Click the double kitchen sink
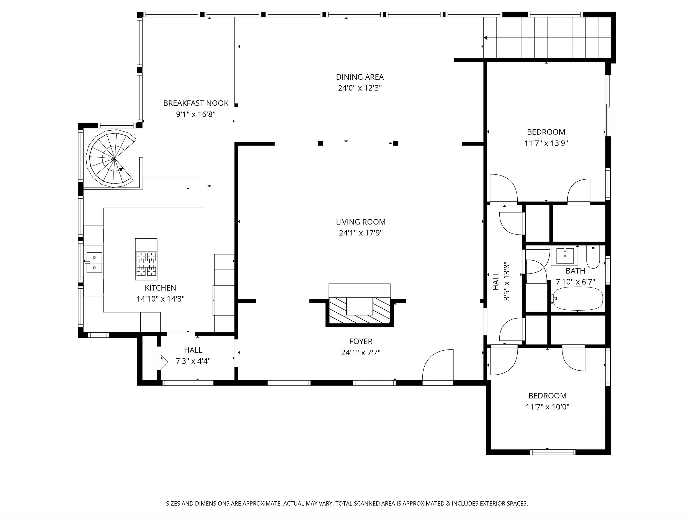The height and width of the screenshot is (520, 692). pos(94,262)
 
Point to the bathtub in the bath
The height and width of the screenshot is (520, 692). pos(577,299)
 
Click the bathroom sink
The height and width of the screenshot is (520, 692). pos(565,256)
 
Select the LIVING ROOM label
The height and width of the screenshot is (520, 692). pos(361,222)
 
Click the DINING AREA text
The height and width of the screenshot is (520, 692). pos(360,77)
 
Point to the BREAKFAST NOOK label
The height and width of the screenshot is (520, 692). pos(196,103)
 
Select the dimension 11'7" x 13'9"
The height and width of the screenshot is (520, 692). pos(546,143)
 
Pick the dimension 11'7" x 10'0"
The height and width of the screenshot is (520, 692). pos(548,407)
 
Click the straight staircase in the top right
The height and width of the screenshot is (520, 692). pos(547,38)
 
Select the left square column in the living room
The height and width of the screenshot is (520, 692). pos(320,143)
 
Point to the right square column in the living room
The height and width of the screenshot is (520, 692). pos(396,143)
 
